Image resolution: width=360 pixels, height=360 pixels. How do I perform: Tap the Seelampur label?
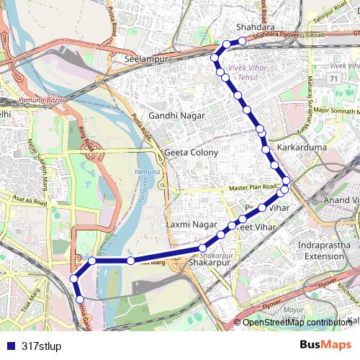[x=146, y=58]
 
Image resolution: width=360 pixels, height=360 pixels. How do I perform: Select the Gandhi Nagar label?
[x=176, y=115]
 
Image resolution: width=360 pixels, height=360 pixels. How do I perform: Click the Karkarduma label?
[x=302, y=147]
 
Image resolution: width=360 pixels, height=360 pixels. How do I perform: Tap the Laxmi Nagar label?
[x=187, y=225]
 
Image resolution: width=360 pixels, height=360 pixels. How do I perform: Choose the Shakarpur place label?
[x=207, y=264]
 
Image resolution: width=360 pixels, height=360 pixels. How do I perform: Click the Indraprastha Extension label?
[x=325, y=251]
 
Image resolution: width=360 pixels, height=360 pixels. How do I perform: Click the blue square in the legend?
[x=10, y=346]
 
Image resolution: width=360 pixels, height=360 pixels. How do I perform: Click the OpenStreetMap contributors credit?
[x=297, y=323]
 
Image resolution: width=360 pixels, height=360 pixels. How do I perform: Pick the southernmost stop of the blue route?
[x=80, y=299]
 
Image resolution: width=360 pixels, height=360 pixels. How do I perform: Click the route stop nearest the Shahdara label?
[x=243, y=41]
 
